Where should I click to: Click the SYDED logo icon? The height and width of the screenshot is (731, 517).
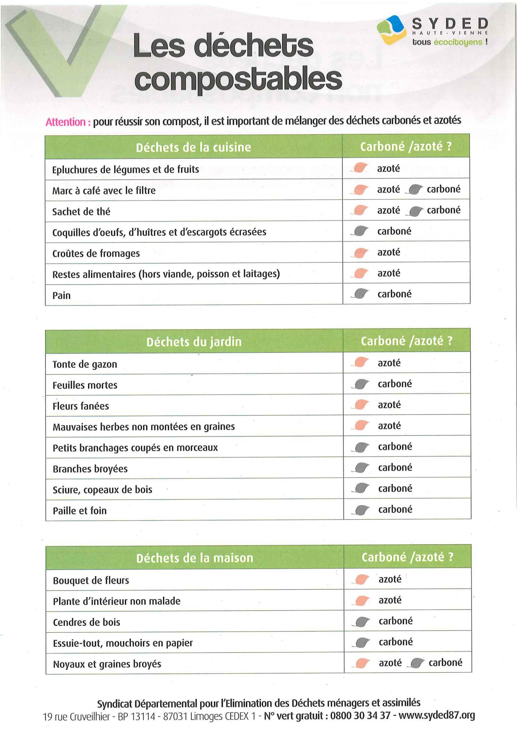tap(392, 30)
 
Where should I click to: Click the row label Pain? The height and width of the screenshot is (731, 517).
tap(61, 295)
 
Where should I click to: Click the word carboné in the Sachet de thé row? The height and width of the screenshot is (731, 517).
tap(443, 210)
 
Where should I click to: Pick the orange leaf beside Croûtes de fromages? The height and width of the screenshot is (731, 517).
tap(360, 253)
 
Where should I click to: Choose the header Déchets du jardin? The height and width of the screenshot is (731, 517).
tap(194, 342)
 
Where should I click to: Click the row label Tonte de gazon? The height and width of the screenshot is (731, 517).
tap(85, 364)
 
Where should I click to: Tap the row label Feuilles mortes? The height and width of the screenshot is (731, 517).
tap(85, 385)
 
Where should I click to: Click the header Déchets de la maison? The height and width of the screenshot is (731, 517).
tap(195, 558)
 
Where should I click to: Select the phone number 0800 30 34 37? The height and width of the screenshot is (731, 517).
tap(360, 715)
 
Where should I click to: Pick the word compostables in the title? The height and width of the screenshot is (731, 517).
tap(238, 80)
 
